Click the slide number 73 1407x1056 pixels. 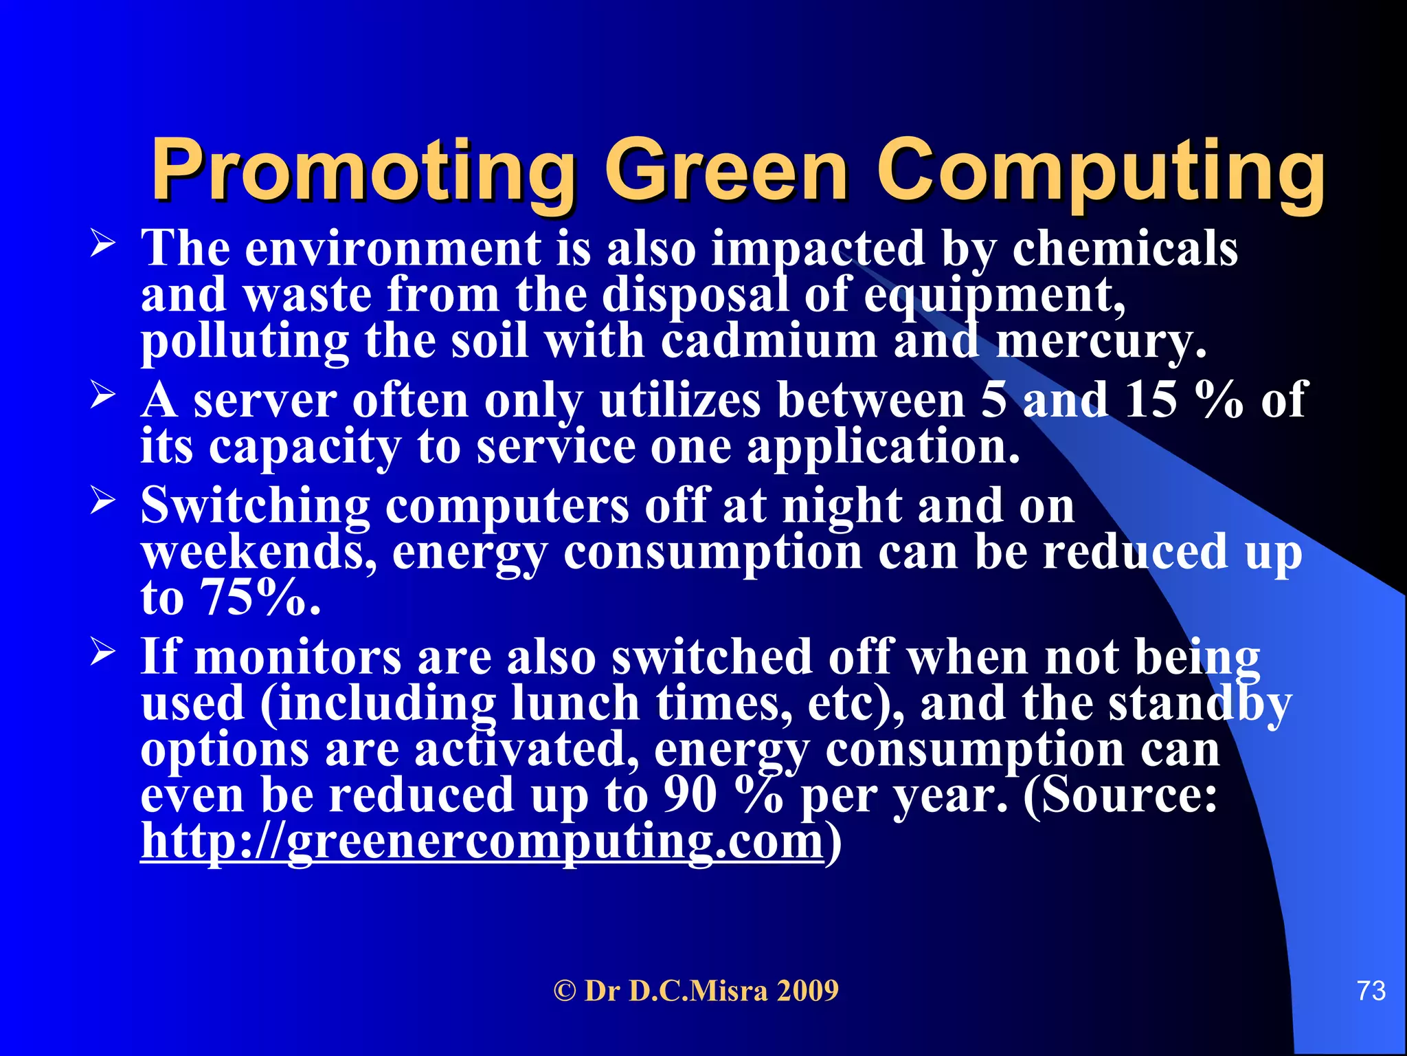(x=1371, y=991)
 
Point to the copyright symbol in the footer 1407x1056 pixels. (x=564, y=991)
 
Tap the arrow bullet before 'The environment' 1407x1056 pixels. (x=102, y=244)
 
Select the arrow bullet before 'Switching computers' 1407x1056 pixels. (x=102, y=501)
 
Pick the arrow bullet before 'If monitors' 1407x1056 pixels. (x=102, y=652)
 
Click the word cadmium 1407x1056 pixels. (x=769, y=341)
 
